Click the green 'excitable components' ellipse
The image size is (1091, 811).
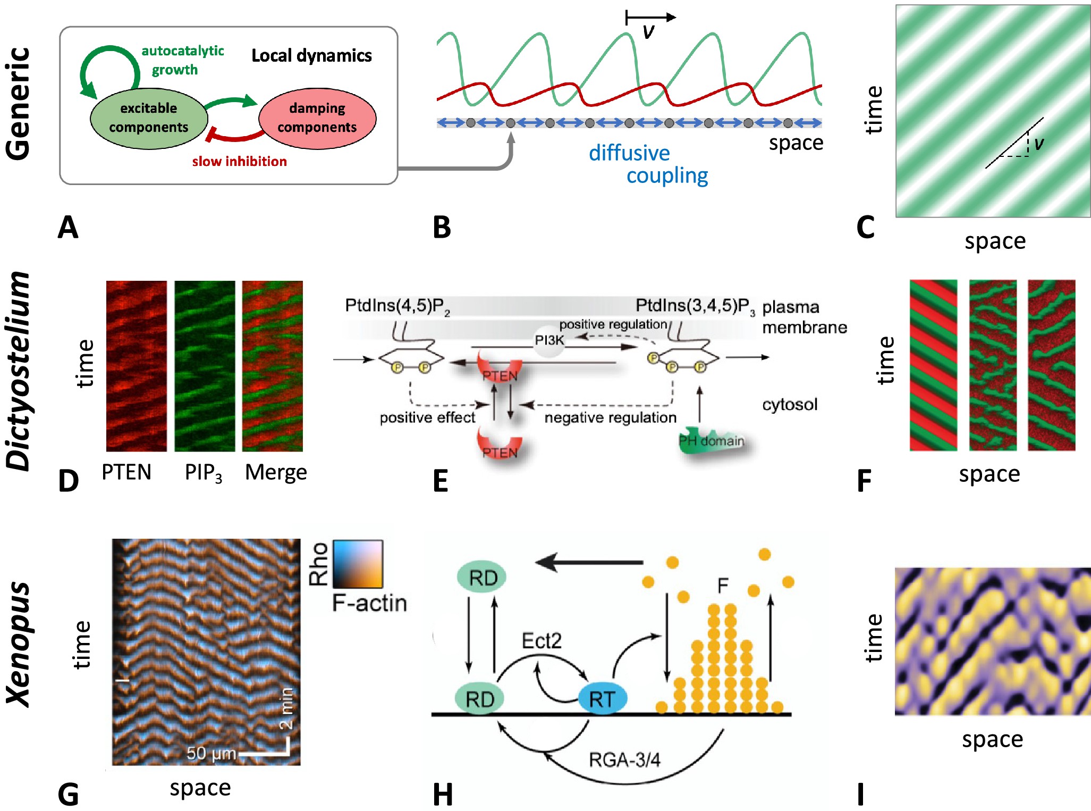tap(149, 118)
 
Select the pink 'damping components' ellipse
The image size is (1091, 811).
tap(317, 118)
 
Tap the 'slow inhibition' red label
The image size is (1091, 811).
tap(240, 161)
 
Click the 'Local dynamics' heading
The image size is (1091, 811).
tap(311, 55)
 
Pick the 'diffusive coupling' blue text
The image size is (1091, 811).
tap(648, 164)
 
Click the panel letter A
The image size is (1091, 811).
tap(68, 228)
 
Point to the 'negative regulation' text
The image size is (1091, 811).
tap(610, 417)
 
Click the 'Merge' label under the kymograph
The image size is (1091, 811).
tap(276, 472)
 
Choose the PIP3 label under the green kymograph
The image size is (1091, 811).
tap(204, 473)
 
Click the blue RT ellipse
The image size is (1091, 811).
tap(602, 699)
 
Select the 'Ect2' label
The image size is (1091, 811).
tap(542, 641)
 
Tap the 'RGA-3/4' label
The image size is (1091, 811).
tap(624, 760)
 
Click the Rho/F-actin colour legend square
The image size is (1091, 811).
tap(358, 564)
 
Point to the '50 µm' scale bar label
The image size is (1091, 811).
tap(211, 754)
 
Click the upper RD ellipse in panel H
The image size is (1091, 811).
tap(481, 578)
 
